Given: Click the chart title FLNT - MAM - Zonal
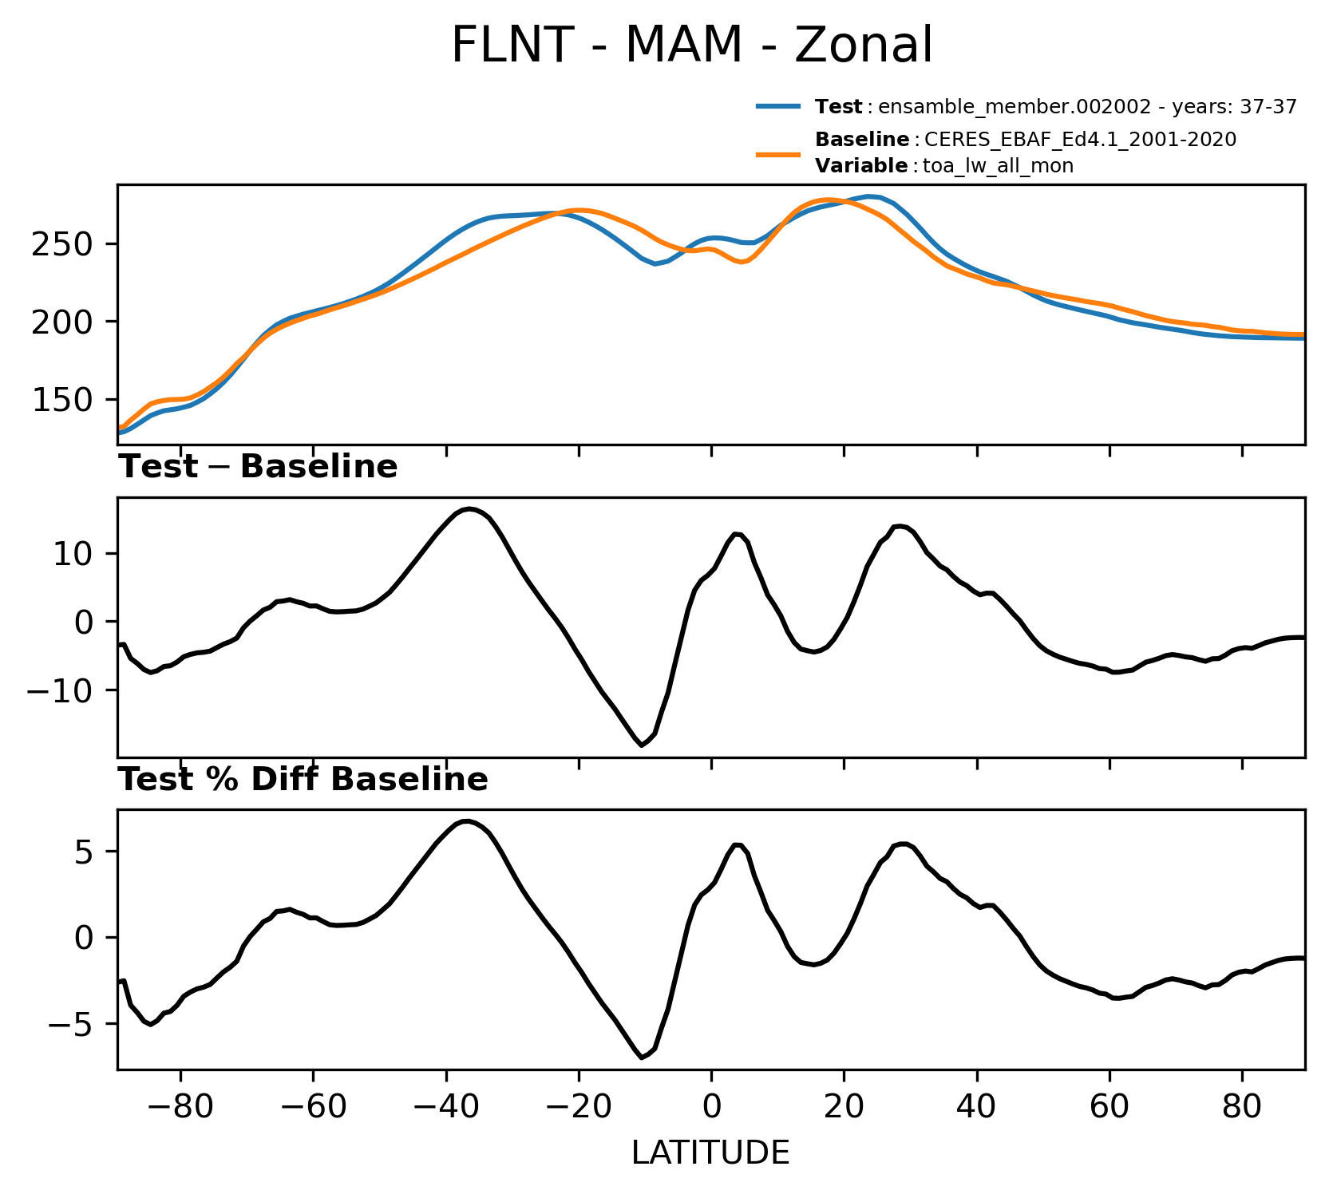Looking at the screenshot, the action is tap(691, 45).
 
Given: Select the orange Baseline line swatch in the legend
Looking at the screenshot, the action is tap(778, 153).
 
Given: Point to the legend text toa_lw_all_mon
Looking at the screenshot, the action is tap(998, 167).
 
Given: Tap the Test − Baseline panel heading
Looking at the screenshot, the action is tap(258, 467).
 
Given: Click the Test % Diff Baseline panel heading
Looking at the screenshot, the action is tap(303, 780).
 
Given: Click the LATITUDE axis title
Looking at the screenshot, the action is tap(710, 1153).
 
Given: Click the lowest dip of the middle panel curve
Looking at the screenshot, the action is tap(642, 745).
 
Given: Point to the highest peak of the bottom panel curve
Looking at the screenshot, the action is tap(467, 820).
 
